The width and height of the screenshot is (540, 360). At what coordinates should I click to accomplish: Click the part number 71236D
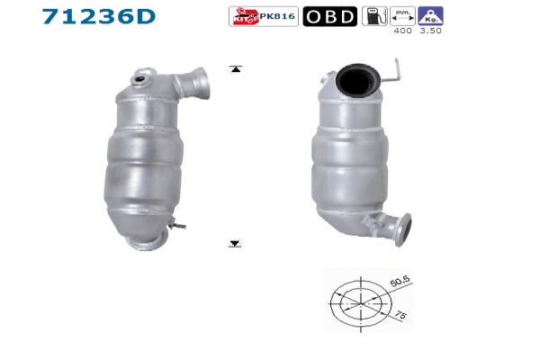[99, 16]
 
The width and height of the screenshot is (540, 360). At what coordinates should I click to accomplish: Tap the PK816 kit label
[277, 16]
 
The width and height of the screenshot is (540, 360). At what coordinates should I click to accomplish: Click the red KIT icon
[245, 16]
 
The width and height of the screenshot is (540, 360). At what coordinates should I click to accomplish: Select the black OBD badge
[330, 16]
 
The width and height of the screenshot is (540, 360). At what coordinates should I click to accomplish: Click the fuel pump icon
[374, 16]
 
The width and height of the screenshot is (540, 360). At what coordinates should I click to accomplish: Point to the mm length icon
[402, 16]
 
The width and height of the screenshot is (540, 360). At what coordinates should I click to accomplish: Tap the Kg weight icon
[430, 16]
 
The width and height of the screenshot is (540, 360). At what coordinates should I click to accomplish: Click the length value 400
[402, 31]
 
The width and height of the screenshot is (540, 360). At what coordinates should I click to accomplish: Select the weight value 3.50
[430, 31]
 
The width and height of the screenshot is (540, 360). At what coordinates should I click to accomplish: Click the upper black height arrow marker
[236, 69]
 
